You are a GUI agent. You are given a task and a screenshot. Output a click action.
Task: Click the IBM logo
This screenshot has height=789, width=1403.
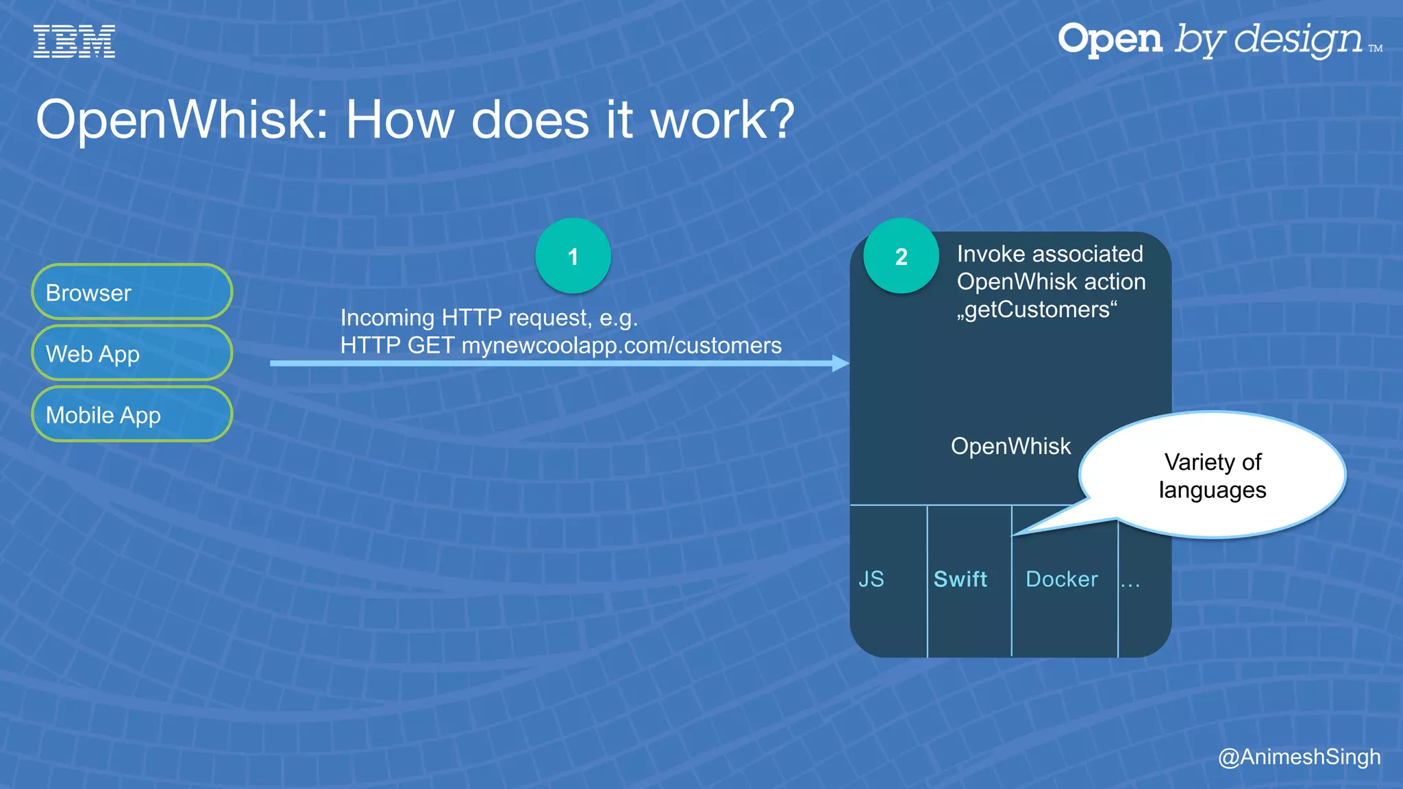tap(74, 41)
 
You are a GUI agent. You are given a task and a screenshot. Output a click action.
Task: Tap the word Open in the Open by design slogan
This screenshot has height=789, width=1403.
tap(1110, 39)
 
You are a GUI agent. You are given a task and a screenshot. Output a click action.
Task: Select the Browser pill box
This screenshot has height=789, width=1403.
tap(132, 292)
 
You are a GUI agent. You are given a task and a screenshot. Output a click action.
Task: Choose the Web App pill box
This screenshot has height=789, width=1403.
tap(132, 353)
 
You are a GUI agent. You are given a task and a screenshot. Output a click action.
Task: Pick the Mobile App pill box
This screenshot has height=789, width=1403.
tap(132, 414)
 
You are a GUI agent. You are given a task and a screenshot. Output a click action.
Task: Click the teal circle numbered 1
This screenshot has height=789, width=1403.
tap(573, 256)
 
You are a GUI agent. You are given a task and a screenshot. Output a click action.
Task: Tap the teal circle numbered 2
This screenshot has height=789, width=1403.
tap(901, 256)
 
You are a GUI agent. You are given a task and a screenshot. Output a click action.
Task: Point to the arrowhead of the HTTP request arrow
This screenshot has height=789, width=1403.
tap(841, 363)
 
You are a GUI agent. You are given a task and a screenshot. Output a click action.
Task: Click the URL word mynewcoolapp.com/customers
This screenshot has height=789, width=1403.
tap(621, 345)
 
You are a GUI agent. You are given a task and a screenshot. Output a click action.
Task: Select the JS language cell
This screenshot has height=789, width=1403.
tap(871, 579)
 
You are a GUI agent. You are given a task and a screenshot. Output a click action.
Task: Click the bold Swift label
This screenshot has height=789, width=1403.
tap(960, 579)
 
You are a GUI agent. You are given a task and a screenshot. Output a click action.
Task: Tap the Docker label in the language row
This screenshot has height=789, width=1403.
tap(1061, 579)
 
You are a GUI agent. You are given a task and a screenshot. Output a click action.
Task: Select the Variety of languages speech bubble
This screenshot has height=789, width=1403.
tap(1213, 475)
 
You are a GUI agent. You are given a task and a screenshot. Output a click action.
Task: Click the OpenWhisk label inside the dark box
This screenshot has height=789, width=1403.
tap(1010, 446)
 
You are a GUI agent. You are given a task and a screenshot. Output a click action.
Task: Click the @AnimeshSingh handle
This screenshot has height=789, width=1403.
tap(1299, 757)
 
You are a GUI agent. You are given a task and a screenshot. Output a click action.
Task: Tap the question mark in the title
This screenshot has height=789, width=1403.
tap(776, 121)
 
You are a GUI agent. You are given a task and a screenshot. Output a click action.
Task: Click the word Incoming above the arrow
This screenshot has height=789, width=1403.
tap(387, 318)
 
